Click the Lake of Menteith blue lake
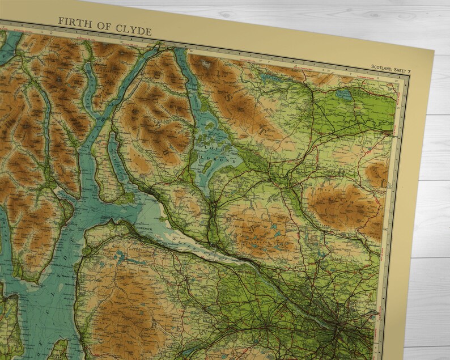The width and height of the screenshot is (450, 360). pyautogui.click(x=343, y=96)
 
